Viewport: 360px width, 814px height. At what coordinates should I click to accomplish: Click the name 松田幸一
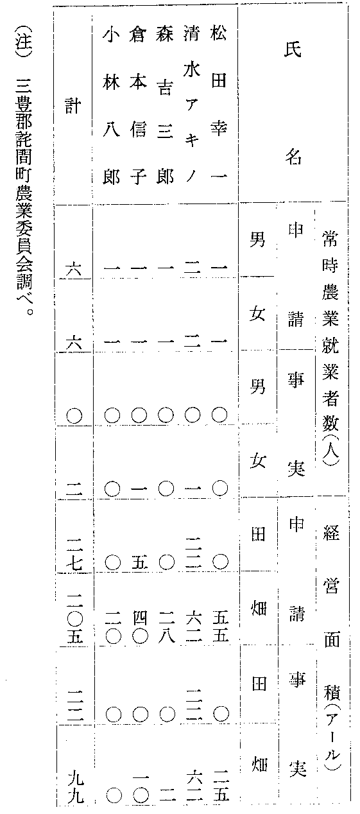pos(218,104)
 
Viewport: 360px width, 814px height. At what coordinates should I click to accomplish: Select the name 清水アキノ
pos(192,104)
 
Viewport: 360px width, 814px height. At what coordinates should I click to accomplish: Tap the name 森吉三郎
pos(165,104)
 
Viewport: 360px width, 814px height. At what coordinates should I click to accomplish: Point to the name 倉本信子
pos(139,104)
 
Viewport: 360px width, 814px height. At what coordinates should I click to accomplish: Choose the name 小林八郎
pos(112,104)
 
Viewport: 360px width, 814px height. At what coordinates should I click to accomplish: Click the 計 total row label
pos(73,106)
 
